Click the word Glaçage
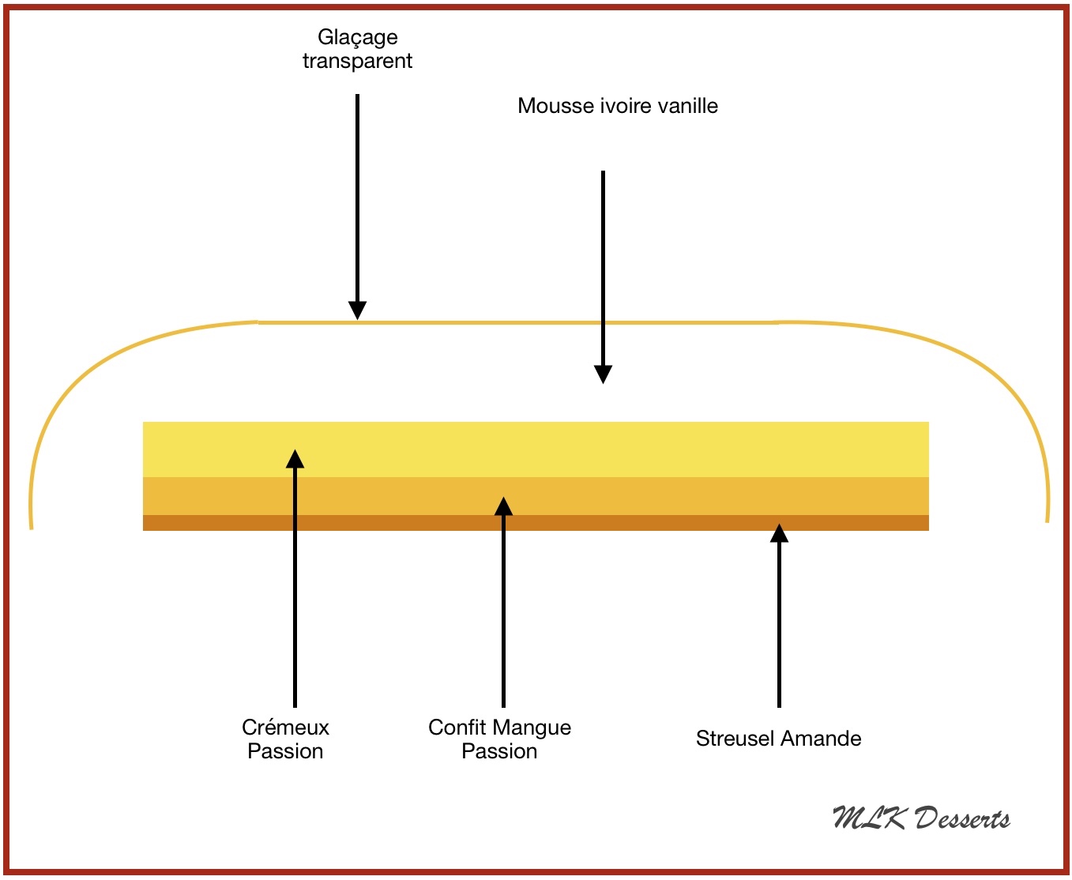point(357,38)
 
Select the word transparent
point(357,61)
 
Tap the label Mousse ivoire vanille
point(618,106)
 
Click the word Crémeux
point(285,727)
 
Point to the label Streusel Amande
point(778,739)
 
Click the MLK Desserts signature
point(921,818)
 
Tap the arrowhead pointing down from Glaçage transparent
point(358,310)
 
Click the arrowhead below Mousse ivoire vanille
point(603,374)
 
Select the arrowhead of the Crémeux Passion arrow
point(295,459)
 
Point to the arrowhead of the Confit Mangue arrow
point(503,506)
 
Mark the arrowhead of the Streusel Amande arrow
point(779,534)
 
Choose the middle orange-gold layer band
point(632,496)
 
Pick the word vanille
point(686,106)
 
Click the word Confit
point(456,728)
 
